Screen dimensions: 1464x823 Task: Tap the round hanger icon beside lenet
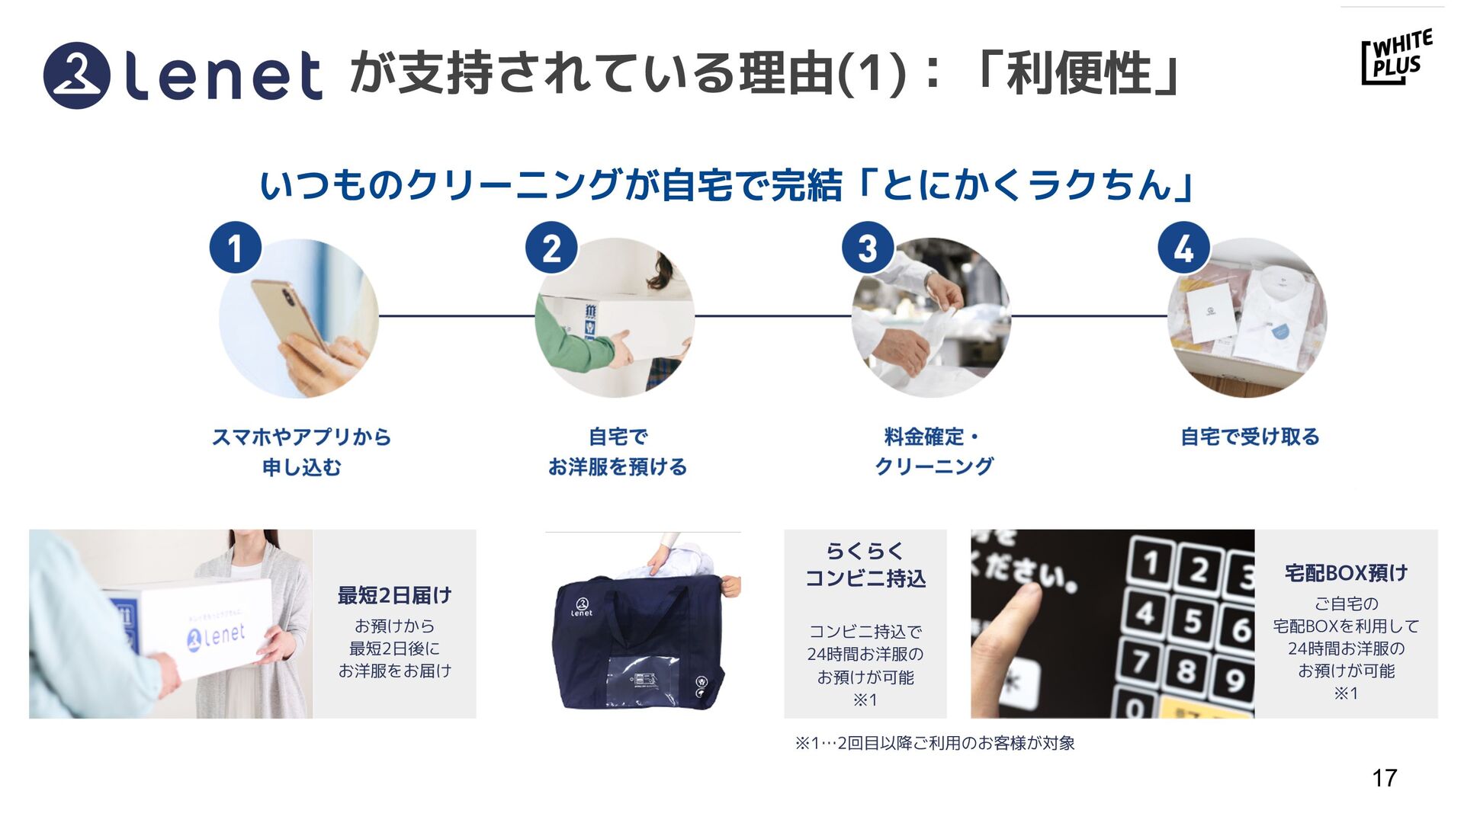point(76,75)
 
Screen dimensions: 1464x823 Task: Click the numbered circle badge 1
point(235,248)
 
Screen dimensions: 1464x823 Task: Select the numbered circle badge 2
point(551,248)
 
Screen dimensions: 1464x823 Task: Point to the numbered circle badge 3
point(867,248)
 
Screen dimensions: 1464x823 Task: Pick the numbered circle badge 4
point(1183,248)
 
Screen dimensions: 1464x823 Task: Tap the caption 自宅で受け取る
point(1250,437)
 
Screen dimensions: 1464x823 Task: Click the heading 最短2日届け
point(394,595)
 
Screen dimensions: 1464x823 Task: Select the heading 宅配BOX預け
point(1346,572)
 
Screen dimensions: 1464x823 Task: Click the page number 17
point(1384,778)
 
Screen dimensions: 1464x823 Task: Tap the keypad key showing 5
point(1193,621)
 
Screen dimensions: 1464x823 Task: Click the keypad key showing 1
point(1150,564)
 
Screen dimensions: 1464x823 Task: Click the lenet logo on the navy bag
point(581,607)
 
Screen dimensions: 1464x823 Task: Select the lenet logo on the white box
point(217,635)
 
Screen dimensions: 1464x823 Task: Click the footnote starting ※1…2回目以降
point(935,743)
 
